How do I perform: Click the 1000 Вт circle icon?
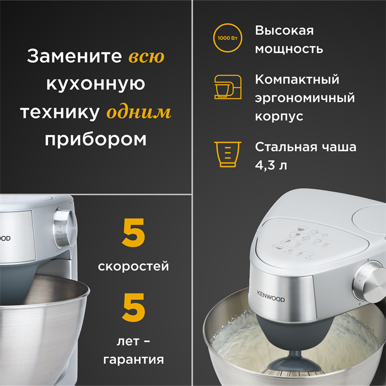(x=228, y=39)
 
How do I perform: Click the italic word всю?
(x=146, y=57)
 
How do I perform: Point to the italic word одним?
(x=139, y=112)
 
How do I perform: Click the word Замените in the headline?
(x=74, y=57)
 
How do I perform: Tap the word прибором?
(x=95, y=139)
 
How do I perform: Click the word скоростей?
(x=133, y=266)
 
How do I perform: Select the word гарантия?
(x=134, y=360)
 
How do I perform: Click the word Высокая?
(x=284, y=30)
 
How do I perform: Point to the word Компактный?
(x=297, y=79)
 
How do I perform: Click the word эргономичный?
(x=305, y=98)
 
